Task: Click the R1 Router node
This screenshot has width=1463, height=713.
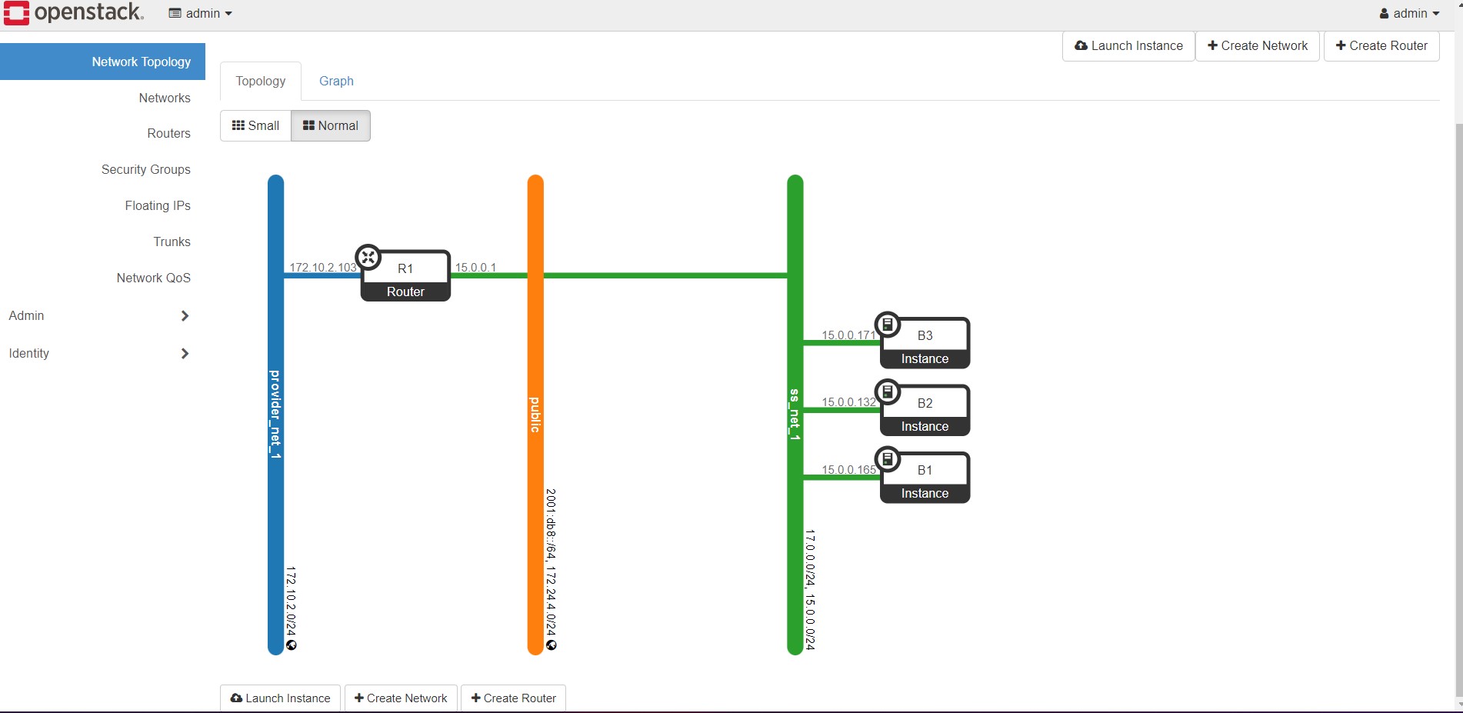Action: point(405,275)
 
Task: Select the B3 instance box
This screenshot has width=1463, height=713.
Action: point(925,343)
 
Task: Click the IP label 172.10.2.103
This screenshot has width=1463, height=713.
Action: point(322,268)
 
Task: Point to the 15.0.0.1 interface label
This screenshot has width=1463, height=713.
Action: point(475,268)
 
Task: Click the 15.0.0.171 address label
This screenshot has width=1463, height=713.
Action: point(848,335)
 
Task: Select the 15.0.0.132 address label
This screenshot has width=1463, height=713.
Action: point(848,402)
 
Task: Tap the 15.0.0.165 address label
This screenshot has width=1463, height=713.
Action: point(848,470)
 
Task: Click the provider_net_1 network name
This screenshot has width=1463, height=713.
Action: point(275,415)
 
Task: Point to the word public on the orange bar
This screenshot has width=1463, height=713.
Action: point(535,415)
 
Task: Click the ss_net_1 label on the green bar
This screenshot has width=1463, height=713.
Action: point(795,415)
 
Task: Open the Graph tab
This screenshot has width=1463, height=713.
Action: point(336,81)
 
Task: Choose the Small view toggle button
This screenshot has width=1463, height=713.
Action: point(255,125)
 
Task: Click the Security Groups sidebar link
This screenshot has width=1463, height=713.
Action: point(145,169)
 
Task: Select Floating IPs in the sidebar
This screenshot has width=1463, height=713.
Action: point(157,205)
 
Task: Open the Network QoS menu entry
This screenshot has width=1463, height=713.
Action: point(153,278)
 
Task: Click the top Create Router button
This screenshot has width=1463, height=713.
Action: point(1381,45)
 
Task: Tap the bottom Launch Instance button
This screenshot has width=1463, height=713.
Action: point(280,698)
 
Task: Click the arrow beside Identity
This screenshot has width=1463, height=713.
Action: point(185,354)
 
